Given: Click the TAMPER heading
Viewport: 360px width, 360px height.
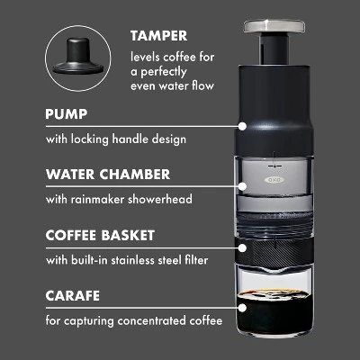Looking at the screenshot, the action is tap(159, 36).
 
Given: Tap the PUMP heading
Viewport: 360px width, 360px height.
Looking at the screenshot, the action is tap(67, 114).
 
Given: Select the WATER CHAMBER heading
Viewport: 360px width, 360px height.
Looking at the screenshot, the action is tap(108, 175).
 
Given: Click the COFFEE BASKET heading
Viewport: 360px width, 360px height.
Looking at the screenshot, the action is tap(100, 236).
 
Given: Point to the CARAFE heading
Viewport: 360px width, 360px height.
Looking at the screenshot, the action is tap(73, 296).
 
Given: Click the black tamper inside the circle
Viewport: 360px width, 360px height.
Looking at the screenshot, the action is tap(78, 56).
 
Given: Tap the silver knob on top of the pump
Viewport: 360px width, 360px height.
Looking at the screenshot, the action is tap(274, 26).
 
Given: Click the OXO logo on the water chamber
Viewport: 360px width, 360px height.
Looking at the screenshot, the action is tap(274, 180).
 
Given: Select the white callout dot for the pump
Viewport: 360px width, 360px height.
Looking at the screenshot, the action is tap(243, 126).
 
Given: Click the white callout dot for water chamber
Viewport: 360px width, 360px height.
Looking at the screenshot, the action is tap(243, 186).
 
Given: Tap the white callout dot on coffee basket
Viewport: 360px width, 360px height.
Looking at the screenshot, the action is tap(243, 247).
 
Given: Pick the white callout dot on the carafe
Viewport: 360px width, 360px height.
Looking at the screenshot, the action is tap(243, 308).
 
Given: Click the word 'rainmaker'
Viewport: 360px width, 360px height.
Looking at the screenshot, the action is tap(98, 200).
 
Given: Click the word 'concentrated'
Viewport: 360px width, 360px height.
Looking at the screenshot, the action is tap(152, 320).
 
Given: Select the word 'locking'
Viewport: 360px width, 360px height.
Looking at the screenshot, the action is tap(90, 139).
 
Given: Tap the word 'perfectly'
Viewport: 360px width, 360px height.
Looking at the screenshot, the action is tap(164, 72).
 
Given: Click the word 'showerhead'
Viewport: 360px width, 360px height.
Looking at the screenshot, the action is tap(160, 200).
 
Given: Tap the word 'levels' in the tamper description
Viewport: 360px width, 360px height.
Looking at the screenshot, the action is tap(145, 57).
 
